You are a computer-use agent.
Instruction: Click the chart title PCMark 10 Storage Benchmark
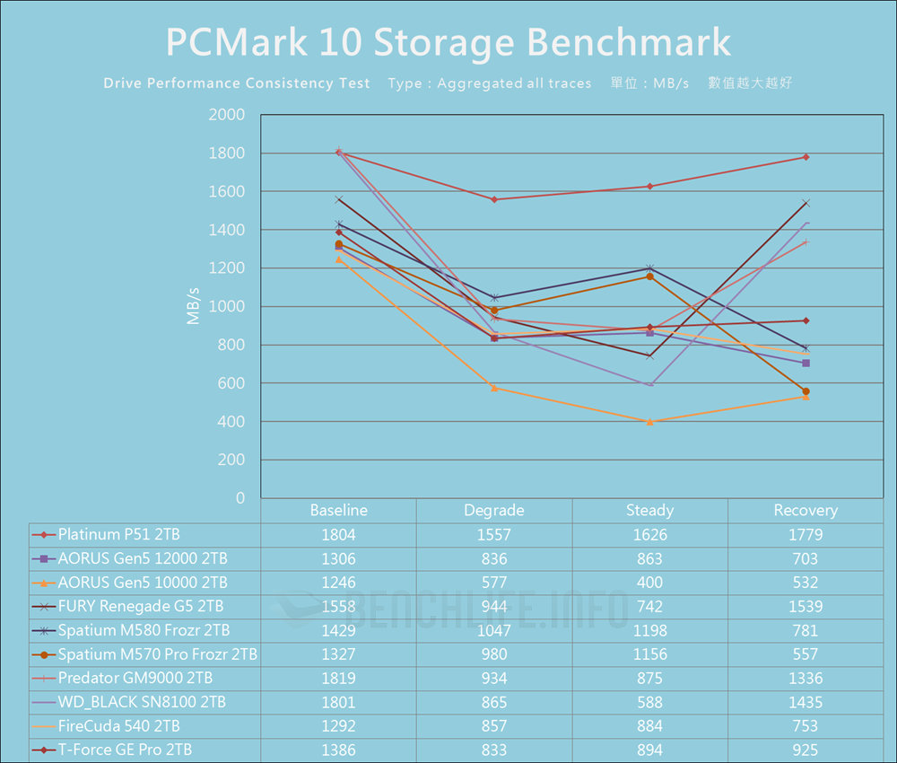pos(448,42)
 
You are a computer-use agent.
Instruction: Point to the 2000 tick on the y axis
pos(226,115)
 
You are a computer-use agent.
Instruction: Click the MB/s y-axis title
pos(194,307)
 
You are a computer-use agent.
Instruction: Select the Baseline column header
pos(338,511)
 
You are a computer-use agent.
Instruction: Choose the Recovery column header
pos(806,511)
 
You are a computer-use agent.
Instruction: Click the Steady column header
pos(649,511)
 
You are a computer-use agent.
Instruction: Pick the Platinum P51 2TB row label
pos(118,535)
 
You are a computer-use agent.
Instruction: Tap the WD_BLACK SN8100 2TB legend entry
pos(142,702)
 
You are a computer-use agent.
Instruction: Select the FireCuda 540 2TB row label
pos(126,726)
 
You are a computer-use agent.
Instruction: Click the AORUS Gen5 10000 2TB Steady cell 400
pos(649,583)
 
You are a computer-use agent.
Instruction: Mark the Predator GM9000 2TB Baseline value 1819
pos(338,679)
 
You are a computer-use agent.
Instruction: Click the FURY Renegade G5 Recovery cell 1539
pos(806,607)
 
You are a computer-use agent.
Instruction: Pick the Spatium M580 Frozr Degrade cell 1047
pos(494,631)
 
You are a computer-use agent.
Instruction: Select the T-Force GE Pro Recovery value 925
pos(806,750)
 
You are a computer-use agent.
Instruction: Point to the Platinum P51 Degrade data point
pos(494,199)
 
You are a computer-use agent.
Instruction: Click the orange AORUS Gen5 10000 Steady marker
pos(649,421)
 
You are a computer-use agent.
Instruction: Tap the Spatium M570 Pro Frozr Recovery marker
pos(806,391)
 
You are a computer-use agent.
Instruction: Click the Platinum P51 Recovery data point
pos(806,157)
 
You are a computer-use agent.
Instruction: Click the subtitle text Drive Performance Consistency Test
pos(237,83)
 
